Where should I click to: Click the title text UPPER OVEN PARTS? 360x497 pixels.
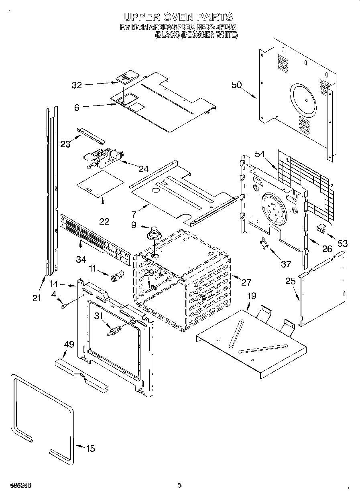178,17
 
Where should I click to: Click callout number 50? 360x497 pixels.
237,85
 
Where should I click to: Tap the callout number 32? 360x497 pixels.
77,85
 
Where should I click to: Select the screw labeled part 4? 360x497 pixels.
63,306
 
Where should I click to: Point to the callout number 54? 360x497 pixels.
260,154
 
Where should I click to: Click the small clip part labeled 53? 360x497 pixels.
321,229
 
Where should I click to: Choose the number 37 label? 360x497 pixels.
286,264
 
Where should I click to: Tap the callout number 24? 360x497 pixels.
143,169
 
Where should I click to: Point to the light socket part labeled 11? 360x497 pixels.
117,277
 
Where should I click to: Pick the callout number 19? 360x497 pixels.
251,296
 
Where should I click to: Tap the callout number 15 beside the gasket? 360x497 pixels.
91,448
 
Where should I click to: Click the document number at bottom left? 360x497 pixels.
19,485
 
